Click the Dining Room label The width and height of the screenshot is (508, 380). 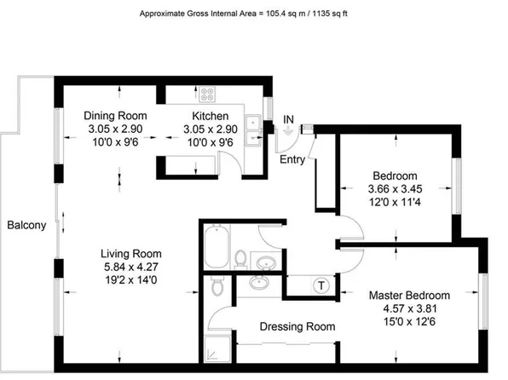tap(116, 116)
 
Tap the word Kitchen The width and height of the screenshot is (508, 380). tap(210, 116)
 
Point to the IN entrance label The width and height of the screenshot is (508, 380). tap(289, 118)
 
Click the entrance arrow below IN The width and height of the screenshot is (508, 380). tap(289, 131)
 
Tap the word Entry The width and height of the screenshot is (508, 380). tap(292, 159)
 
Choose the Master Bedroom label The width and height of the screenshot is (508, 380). tap(421, 295)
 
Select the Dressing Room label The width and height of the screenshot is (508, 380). tap(297, 326)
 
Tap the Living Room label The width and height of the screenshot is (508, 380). tap(130, 254)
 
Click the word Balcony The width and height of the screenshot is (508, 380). tap(26, 226)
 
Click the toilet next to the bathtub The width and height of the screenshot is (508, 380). tap(241, 258)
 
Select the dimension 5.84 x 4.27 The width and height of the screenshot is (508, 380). tap(130, 266)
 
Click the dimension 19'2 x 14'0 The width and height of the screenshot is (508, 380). tap(130, 279)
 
